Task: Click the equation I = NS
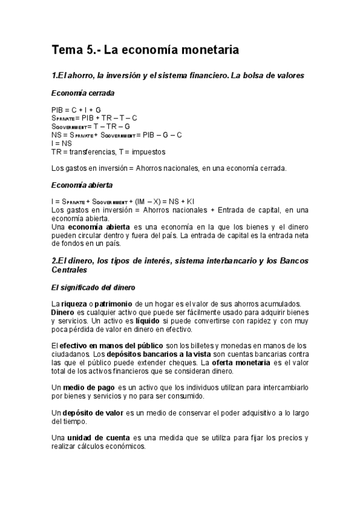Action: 62,144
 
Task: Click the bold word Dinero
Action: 63,313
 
